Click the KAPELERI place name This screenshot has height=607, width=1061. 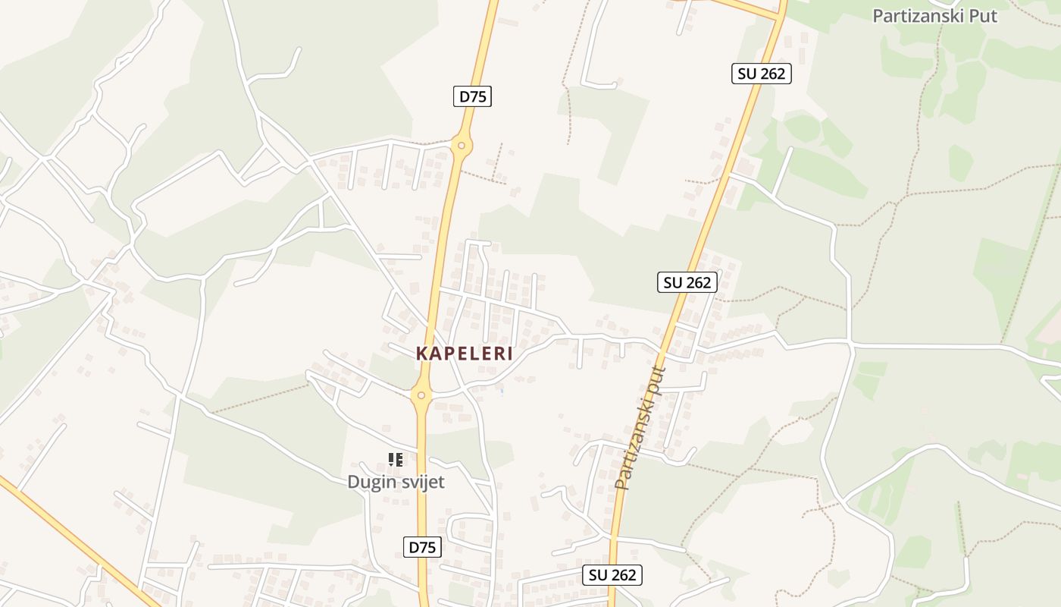pos(465,354)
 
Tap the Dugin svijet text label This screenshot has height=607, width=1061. pos(396,482)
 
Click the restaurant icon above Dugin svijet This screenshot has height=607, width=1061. pos(395,459)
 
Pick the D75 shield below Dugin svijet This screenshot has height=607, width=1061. pos(422,547)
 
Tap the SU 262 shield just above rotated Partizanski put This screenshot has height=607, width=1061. pos(687,282)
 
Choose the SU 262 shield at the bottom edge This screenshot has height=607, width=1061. pos(613,575)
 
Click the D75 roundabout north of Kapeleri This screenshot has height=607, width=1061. pos(460,144)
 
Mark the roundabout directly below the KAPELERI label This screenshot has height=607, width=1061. pos(421,395)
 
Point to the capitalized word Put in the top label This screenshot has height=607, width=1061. pos(982,16)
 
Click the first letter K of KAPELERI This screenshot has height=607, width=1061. pos(421,354)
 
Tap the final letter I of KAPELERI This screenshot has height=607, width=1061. pos(510,354)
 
